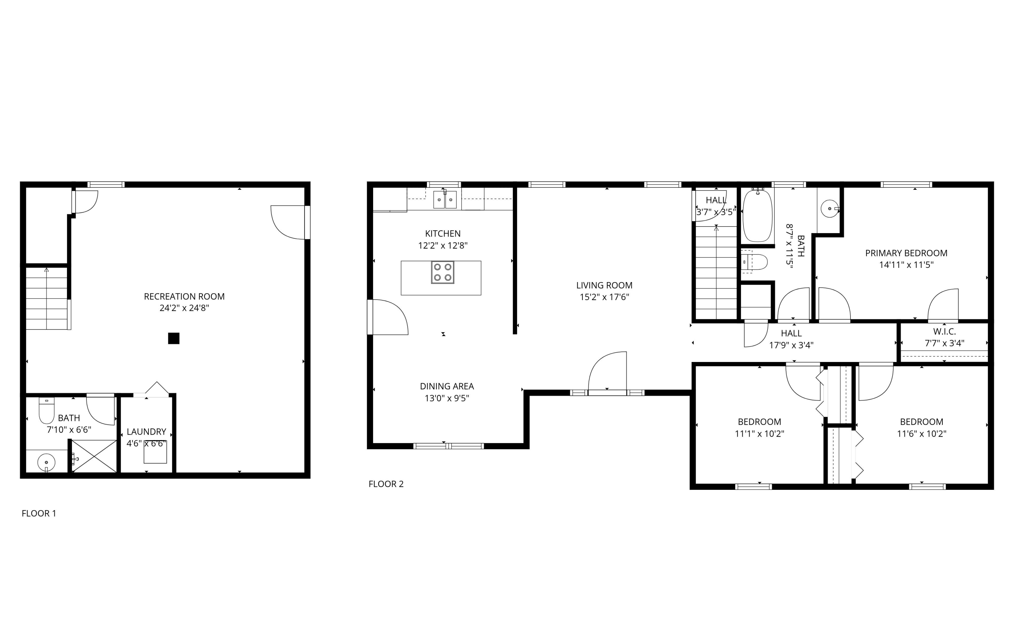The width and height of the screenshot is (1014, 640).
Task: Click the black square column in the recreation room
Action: (x=173, y=338)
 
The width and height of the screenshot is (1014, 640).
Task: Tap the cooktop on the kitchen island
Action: (x=442, y=272)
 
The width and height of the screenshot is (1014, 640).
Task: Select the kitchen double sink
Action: (x=445, y=200)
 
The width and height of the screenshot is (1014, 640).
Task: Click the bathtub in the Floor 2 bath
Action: (x=757, y=216)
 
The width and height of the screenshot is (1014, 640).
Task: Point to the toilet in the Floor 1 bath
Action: (x=46, y=410)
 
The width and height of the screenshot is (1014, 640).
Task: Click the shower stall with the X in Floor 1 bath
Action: (x=94, y=456)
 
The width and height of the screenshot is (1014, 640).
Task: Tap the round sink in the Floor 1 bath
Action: (x=46, y=463)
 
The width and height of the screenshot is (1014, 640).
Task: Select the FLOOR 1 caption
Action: (x=39, y=513)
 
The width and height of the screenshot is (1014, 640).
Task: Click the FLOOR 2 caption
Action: (x=386, y=484)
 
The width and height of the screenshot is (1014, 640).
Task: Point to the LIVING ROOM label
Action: (x=604, y=285)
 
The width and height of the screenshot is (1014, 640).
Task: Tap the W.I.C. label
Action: (x=944, y=332)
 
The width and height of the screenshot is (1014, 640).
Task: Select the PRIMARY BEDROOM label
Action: (x=906, y=253)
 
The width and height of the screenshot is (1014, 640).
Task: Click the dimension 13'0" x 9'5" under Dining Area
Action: (x=446, y=398)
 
